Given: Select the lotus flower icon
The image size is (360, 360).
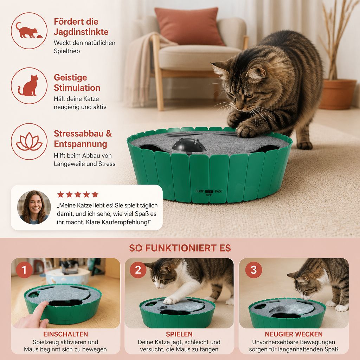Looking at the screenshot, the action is (29, 141).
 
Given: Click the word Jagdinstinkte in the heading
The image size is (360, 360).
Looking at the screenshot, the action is (81, 32).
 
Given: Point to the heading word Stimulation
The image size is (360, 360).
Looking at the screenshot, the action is (77, 88).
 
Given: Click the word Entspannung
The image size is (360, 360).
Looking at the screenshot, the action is (81, 144).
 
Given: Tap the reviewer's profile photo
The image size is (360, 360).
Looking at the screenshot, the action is (34, 207).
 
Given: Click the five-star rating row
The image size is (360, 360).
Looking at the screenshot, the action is (78, 195).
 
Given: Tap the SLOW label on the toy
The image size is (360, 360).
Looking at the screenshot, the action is (199, 191).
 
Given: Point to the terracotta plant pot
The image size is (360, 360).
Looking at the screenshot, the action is (337, 94).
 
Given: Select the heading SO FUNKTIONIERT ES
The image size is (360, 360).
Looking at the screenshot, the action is (180, 248).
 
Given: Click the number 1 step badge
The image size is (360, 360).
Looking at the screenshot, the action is (24, 270).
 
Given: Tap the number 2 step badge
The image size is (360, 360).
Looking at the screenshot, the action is (138, 270).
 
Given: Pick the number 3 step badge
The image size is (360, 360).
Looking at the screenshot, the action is (253, 270).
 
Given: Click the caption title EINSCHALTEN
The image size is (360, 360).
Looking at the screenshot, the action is (66, 334).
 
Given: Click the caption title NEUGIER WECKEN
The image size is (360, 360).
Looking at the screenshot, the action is (294, 334).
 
